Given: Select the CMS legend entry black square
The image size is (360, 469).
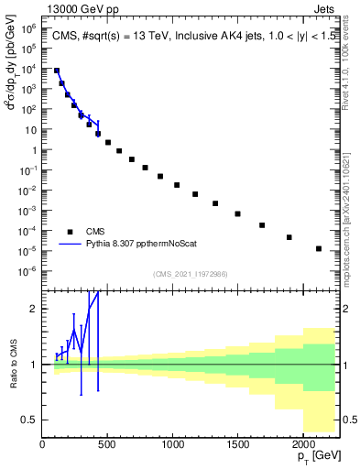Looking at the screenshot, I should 70,232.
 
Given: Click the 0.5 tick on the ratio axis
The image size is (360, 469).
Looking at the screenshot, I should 30,420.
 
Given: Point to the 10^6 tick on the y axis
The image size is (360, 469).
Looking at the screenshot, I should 28,28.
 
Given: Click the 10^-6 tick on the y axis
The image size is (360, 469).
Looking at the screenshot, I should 28,270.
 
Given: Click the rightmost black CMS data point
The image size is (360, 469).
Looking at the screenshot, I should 319,248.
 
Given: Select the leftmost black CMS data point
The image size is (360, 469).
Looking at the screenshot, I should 57,71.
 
